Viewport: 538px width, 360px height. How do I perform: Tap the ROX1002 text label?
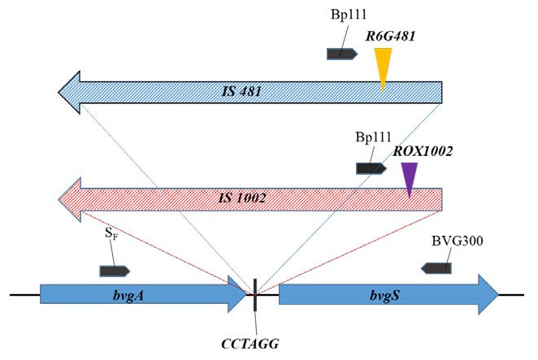point(423,151)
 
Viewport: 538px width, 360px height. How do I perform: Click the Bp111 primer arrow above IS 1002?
point(371,168)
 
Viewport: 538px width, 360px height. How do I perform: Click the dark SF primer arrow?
point(115,270)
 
